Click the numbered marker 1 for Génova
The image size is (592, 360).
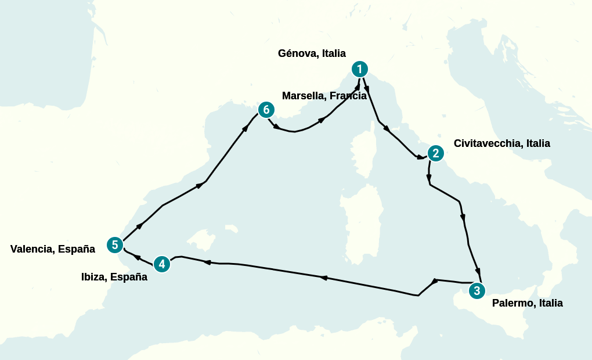pos(360,70)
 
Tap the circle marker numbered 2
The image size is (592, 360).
pos(435,153)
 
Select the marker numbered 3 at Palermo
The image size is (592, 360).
pos(476,291)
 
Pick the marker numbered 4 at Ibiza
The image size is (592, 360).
pos(162,264)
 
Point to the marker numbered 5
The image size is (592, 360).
pos(115,245)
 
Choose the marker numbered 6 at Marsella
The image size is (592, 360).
pos(266,109)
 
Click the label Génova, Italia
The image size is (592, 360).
pos(312,53)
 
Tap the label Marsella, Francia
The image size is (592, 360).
pos(324,96)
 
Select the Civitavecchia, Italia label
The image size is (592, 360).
pos(501,143)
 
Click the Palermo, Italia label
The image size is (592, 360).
pos(527,303)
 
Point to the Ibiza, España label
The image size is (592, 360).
pos(114,277)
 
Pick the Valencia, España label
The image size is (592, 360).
pos(52,249)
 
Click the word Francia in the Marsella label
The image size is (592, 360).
pos(348,96)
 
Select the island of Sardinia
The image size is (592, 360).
pos(362,218)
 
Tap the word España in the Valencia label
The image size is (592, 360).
pos(76,249)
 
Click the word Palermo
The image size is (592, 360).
pos(513,303)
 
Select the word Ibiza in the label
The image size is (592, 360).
pos(94,277)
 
